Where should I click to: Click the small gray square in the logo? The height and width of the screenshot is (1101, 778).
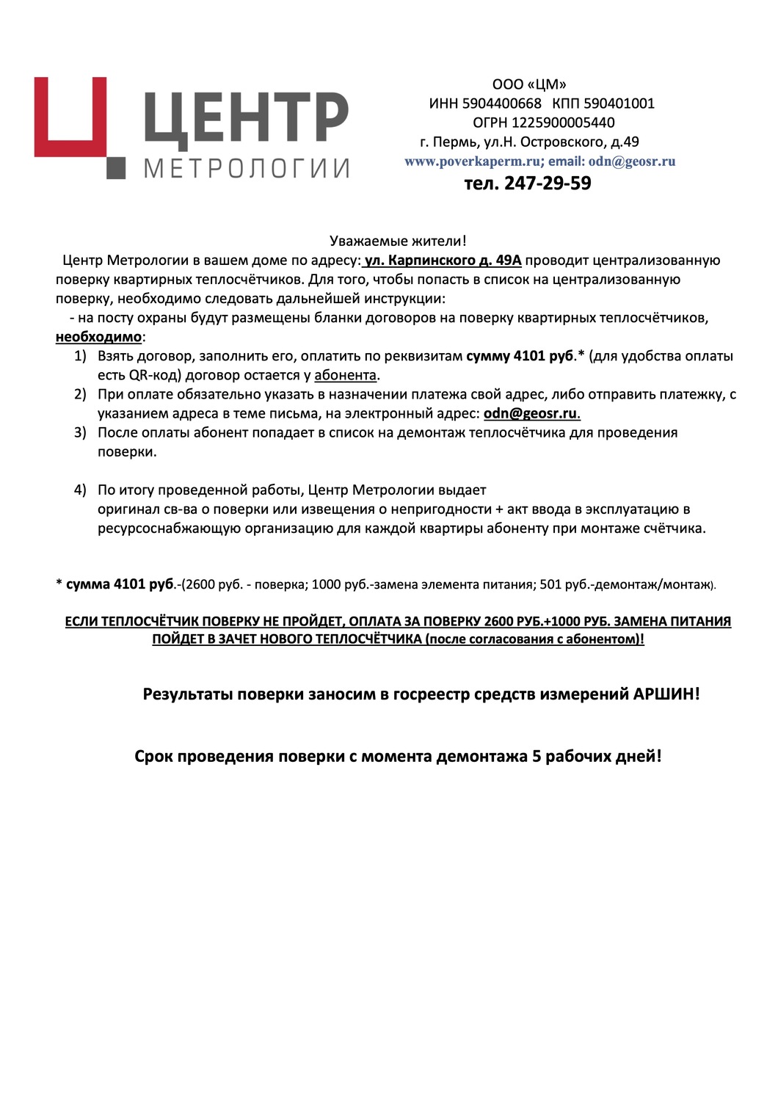116,168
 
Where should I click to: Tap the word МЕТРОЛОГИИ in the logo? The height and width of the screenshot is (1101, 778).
247,169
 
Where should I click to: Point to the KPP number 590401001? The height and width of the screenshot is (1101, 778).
619,103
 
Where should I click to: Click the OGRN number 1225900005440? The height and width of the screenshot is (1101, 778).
563,123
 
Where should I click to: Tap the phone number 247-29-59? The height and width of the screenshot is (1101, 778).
548,183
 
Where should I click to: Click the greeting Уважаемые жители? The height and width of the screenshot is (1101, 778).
398,241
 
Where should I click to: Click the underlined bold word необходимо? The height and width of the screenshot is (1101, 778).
98,337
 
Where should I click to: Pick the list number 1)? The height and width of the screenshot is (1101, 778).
80,356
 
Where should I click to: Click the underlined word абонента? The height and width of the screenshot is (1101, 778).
345,375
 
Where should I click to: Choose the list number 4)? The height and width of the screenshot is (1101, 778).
80,490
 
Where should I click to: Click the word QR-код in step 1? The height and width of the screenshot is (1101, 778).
154,375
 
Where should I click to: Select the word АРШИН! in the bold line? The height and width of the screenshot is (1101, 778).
666,694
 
